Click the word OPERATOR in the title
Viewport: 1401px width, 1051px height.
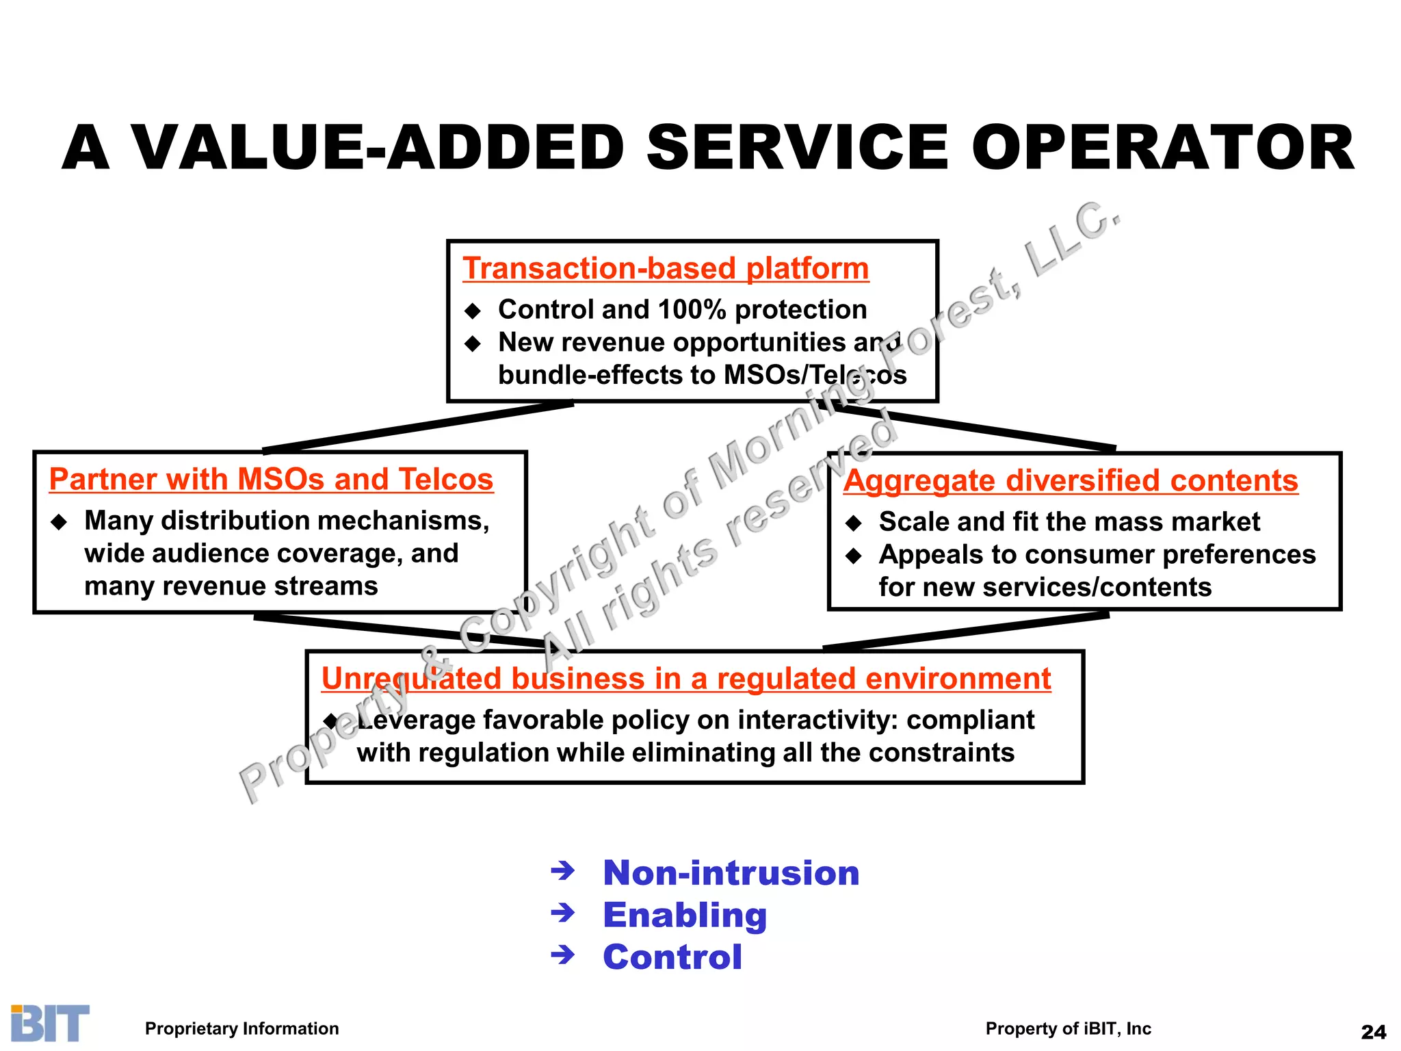[x=1162, y=148]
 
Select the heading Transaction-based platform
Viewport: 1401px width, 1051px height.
[x=665, y=268]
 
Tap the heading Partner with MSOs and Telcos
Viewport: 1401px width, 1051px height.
[x=271, y=479]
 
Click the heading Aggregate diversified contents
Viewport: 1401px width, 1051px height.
[x=1070, y=480]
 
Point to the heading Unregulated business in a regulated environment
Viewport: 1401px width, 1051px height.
[x=685, y=679]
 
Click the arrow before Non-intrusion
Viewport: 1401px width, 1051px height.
[x=563, y=871]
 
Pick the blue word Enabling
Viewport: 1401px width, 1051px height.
[x=685, y=915]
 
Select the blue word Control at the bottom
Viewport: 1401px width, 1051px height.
[x=672, y=957]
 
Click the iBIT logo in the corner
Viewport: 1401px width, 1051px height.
[x=50, y=1024]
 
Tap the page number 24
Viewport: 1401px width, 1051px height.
[x=1374, y=1032]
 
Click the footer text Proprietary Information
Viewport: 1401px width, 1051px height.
[x=241, y=1028]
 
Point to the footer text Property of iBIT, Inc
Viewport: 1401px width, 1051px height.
[x=1068, y=1028]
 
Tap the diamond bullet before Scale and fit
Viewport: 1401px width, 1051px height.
[x=854, y=523]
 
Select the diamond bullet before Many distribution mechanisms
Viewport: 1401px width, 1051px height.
[x=60, y=523]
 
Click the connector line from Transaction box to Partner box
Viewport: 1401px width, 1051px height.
[x=417, y=428]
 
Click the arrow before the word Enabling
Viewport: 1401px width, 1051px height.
[x=563, y=913]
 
